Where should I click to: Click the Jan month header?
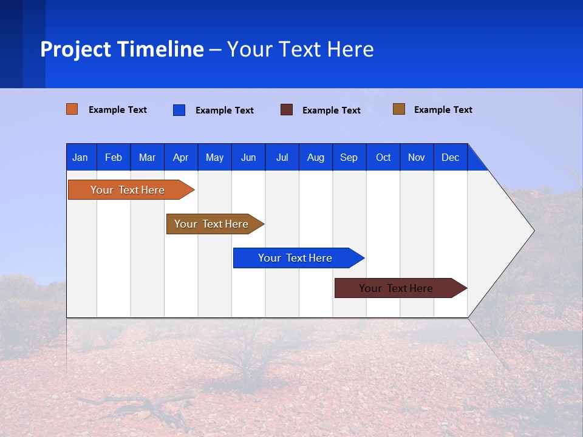[x=80, y=157]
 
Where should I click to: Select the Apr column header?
[x=180, y=157]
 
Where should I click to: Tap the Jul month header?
[x=282, y=157]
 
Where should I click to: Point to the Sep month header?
[x=349, y=157]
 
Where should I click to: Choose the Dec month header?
[x=450, y=157]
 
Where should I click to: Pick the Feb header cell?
[x=114, y=157]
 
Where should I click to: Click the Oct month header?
[x=383, y=157]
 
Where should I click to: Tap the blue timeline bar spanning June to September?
[x=296, y=258]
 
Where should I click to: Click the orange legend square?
[x=72, y=109]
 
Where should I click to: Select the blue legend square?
[x=179, y=110]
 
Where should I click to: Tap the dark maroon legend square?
[x=287, y=110]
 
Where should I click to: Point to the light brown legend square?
[x=399, y=109]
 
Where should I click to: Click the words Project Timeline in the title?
[x=122, y=49]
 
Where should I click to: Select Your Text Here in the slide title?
[x=301, y=49]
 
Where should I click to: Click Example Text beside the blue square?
[x=224, y=110]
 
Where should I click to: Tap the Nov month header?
[x=417, y=157]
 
